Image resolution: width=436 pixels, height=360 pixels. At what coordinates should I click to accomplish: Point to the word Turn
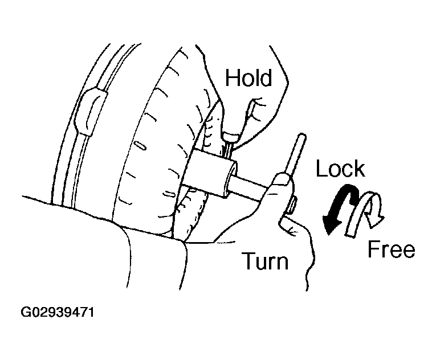pyautogui.click(x=266, y=260)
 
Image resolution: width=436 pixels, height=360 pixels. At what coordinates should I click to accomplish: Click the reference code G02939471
pyautogui.click(x=58, y=312)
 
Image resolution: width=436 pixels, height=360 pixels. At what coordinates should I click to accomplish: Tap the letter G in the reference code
pyautogui.click(x=26, y=312)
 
